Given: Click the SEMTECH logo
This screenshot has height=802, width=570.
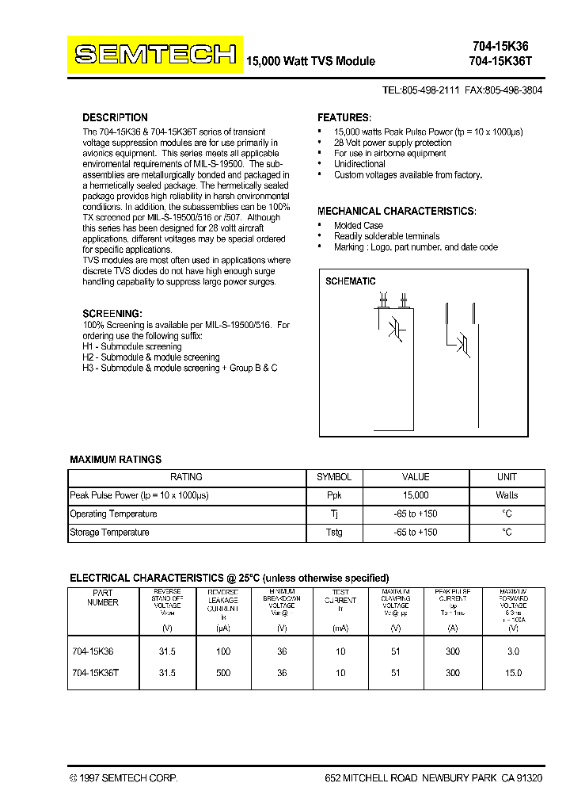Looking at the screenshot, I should pyautogui.click(x=155, y=54).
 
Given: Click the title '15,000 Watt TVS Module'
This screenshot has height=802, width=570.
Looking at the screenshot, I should pyautogui.click(x=311, y=61).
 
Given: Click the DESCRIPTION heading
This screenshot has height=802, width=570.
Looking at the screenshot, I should pyautogui.click(x=115, y=117).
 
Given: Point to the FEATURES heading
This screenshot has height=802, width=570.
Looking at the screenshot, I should pyautogui.click(x=344, y=117).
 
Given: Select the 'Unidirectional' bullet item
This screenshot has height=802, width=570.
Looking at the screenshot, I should pyautogui.click(x=359, y=164).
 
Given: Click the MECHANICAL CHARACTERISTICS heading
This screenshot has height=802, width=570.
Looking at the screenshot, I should pyautogui.click(x=397, y=212).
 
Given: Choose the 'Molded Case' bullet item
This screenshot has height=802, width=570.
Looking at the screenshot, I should pyautogui.click(x=358, y=225).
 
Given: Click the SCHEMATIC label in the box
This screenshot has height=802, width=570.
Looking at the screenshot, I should pyautogui.click(x=351, y=281).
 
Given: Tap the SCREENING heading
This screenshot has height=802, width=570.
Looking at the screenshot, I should pyautogui.click(x=112, y=314).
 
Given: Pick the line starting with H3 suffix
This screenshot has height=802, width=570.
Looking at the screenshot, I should pyautogui.click(x=180, y=369).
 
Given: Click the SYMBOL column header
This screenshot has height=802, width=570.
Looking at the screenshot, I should pyautogui.click(x=334, y=477).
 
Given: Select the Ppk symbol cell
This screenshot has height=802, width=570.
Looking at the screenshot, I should pyautogui.click(x=334, y=495).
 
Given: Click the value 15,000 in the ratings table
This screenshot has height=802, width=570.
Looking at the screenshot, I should pyautogui.click(x=416, y=495).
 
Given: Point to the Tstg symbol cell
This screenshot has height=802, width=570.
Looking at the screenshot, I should pyautogui.click(x=334, y=533).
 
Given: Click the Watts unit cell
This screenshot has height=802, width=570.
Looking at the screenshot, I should pyautogui.click(x=507, y=495).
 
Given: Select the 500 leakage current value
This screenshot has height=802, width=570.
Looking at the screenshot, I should pyautogui.click(x=222, y=672).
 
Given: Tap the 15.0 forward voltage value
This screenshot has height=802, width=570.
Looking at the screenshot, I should pyautogui.click(x=513, y=672).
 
